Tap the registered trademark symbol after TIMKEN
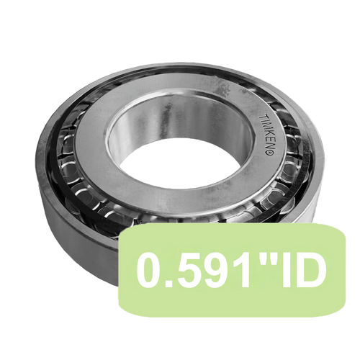[x=269, y=153]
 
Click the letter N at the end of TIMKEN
[x=267, y=144]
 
